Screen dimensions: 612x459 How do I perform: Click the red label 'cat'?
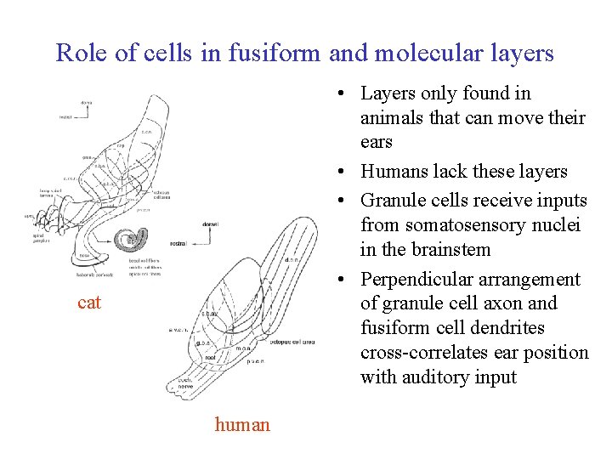(x=88, y=302)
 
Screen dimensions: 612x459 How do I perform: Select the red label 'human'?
(x=242, y=424)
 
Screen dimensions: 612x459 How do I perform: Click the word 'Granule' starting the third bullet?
(x=393, y=201)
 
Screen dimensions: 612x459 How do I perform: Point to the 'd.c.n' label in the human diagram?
(x=290, y=260)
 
